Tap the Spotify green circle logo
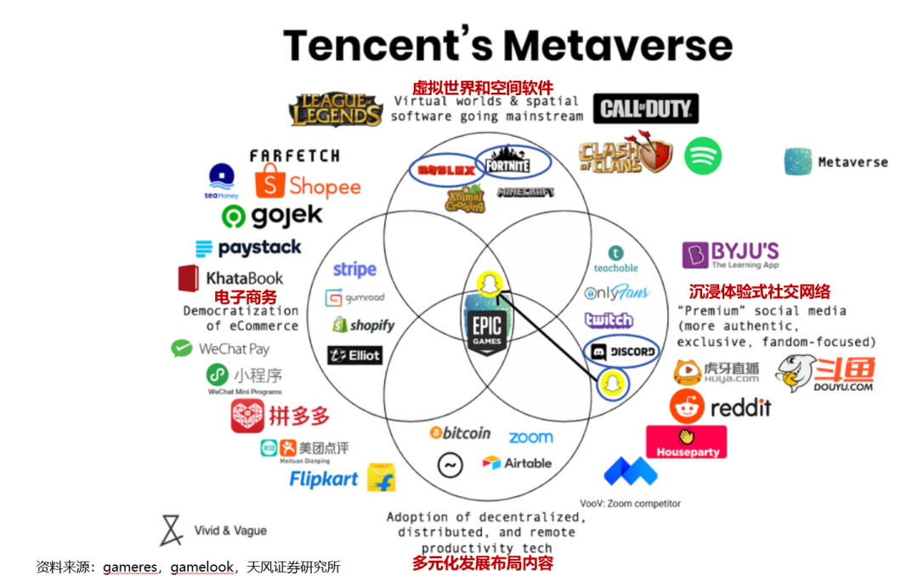click(702, 155)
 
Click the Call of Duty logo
click(646, 109)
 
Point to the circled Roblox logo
click(444, 170)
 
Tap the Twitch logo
click(609, 320)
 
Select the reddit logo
click(720, 407)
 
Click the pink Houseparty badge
click(687, 442)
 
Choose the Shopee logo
click(308, 184)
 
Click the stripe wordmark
click(354, 269)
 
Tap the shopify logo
click(363, 325)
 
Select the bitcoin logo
click(460, 433)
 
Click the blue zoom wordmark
click(530, 438)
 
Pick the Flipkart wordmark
click(324, 479)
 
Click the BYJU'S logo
click(731, 254)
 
